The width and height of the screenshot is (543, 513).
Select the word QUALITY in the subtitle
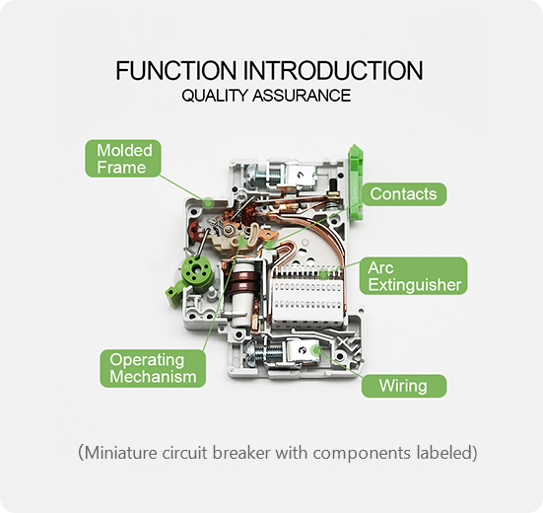pos(213,97)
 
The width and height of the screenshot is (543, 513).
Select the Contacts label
pos(403,194)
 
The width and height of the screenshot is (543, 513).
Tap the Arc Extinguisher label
pos(414,276)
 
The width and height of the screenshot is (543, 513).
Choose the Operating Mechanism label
pos(153,368)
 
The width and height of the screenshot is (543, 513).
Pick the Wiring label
pos(403,386)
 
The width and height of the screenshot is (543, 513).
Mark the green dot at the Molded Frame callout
pos(208,200)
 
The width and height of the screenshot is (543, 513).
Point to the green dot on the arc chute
pos(324,270)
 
